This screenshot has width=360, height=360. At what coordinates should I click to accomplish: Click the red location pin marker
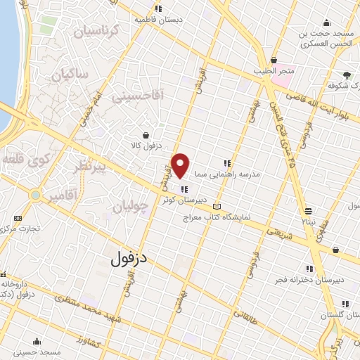(181, 165)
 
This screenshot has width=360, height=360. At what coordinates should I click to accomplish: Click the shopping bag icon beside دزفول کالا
(146, 136)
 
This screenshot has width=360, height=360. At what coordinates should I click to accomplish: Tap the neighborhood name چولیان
(131, 206)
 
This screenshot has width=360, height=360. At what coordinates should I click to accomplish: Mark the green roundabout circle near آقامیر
(34, 195)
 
